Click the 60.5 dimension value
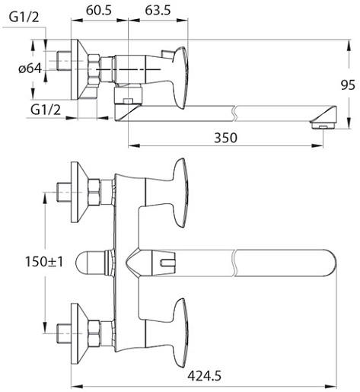click(99, 11)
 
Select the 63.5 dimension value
click(158, 11)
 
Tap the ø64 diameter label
click(30, 69)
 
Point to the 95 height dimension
click(348, 85)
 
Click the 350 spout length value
click(225, 138)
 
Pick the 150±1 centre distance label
click(44, 262)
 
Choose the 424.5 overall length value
click(205, 376)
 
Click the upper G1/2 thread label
click(24, 18)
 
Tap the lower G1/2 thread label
click(46, 110)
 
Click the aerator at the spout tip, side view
click(323, 125)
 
